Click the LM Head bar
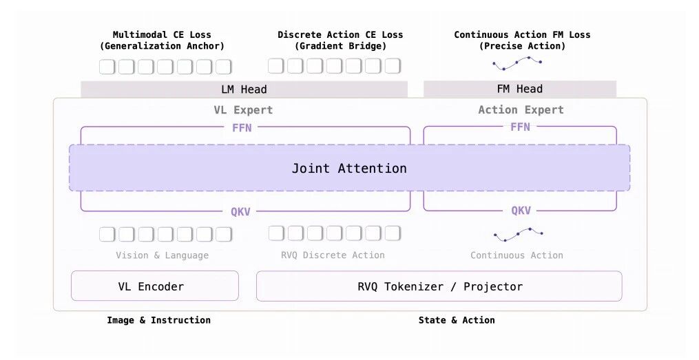(244, 89)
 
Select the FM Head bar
(520, 89)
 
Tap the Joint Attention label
(349, 169)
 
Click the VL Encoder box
(155, 286)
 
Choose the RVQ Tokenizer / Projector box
(439, 286)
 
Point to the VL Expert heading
(243, 110)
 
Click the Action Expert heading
(521, 110)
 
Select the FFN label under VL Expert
(242, 128)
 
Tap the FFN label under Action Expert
(520, 127)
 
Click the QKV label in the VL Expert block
(241, 211)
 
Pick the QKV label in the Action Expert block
(521, 211)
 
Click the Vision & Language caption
(163, 255)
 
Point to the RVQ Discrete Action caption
(333, 255)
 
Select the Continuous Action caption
(517, 255)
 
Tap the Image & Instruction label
(158, 320)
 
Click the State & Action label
(457, 320)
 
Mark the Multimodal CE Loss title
(162, 34)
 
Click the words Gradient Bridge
(340, 46)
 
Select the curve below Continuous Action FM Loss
(517, 63)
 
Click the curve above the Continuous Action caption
(519, 233)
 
